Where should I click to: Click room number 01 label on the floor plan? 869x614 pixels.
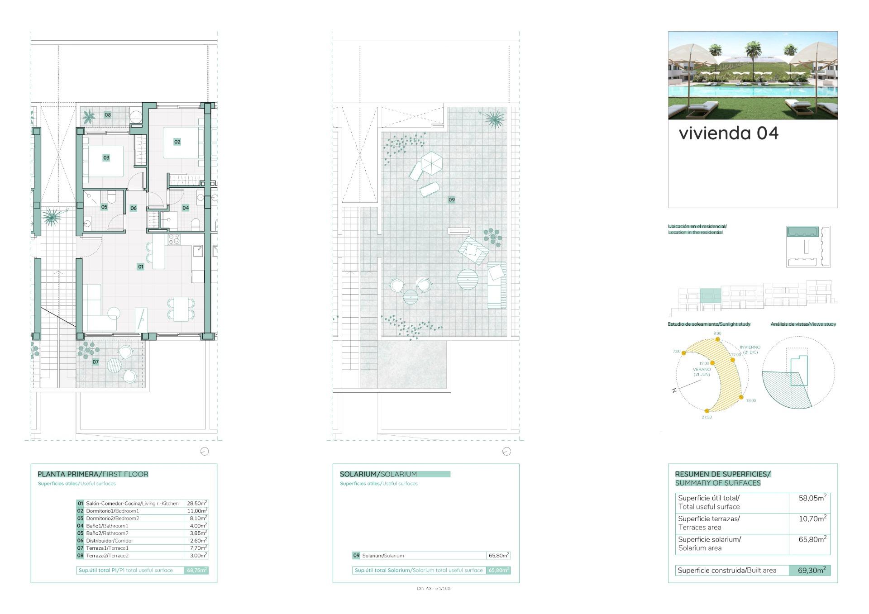[x=141, y=267]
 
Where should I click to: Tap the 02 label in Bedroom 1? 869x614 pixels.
[x=177, y=142]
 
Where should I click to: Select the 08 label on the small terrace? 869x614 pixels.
[x=108, y=114]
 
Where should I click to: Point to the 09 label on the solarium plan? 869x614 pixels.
[x=451, y=200]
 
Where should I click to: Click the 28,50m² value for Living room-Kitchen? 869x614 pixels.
[x=197, y=503]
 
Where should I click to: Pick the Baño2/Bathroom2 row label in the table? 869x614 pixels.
[x=107, y=533]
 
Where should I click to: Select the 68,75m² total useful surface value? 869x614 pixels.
[x=197, y=570]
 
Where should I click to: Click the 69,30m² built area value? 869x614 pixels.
[x=811, y=570]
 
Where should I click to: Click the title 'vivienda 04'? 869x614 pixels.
[x=728, y=133]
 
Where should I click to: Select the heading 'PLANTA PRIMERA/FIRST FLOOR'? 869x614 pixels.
[x=93, y=474]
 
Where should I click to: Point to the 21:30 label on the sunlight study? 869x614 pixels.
[x=707, y=417]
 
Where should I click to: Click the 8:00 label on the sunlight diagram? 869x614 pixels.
[x=717, y=333]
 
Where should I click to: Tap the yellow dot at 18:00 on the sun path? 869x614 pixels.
[x=741, y=397]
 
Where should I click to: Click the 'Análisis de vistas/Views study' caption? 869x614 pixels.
[x=803, y=324]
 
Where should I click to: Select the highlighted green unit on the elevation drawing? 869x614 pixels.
[x=710, y=295]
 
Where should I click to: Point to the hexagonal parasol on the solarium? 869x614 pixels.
[x=431, y=162]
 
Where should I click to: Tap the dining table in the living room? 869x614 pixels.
[x=181, y=308]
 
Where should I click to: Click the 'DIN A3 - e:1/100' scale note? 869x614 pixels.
[x=433, y=589]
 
